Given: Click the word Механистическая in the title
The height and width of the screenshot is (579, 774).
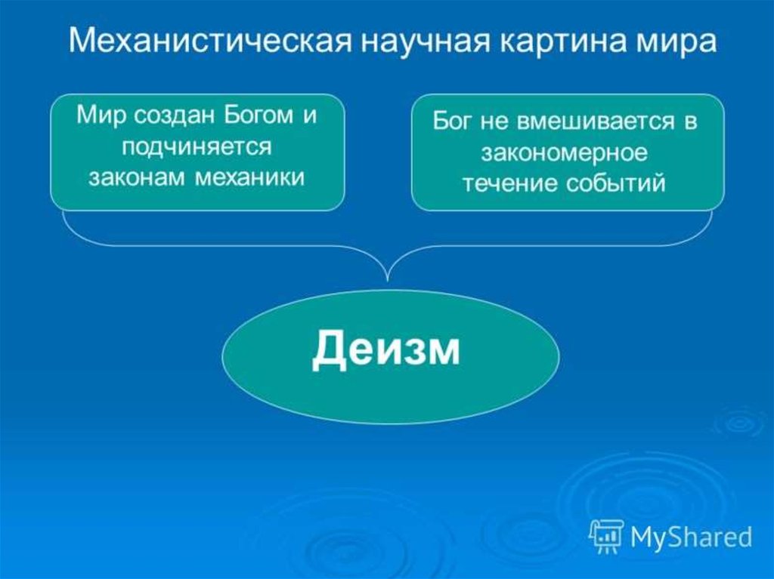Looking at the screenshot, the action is (211, 40).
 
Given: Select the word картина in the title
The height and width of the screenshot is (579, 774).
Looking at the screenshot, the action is (562, 41).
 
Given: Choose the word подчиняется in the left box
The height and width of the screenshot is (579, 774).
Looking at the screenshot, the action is (197, 148).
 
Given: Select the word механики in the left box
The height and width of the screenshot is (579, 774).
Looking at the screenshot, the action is (249, 177).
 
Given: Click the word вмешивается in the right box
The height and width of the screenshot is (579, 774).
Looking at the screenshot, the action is (595, 121).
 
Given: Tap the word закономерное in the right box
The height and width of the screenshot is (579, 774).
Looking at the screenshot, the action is (564, 153).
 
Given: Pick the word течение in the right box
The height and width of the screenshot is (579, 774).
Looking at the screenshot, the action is (510, 184).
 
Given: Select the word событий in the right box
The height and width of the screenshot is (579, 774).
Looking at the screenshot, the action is (615, 184).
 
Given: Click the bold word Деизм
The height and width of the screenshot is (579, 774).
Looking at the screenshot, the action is (385, 350).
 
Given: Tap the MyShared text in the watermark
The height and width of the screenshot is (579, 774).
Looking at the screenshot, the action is (691, 537).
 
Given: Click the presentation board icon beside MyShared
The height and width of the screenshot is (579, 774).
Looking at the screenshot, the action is (607, 536).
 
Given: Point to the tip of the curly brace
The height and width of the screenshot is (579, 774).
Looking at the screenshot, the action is (388, 281).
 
